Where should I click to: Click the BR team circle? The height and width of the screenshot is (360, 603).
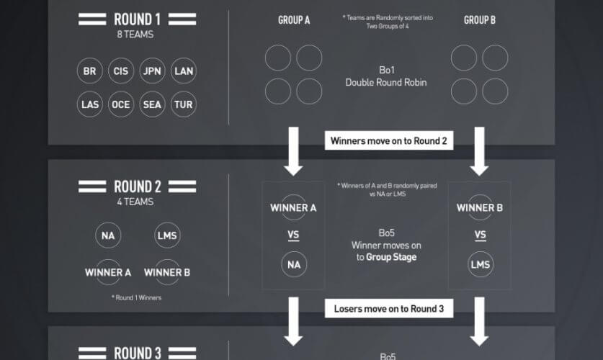point(90,71)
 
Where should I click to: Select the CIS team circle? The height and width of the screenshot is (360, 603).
point(120,71)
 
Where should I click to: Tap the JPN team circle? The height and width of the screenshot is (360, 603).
point(152,71)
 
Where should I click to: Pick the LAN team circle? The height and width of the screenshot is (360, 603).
point(184,71)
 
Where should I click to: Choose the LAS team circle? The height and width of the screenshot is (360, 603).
point(90,104)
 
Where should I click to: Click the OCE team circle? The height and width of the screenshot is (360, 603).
point(120,104)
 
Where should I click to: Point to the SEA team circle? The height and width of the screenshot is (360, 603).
point(152,104)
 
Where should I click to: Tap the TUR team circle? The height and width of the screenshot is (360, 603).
point(184,104)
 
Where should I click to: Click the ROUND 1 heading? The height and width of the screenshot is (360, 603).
point(137,19)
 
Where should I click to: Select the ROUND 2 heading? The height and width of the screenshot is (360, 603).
point(137,186)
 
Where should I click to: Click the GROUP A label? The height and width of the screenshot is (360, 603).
point(294,20)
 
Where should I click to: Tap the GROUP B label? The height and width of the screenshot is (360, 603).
point(480,20)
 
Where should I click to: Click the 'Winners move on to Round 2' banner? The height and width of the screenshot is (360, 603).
point(389,141)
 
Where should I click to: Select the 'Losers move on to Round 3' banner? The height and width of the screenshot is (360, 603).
point(389,310)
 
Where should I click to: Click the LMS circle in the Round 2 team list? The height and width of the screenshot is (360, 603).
point(167,235)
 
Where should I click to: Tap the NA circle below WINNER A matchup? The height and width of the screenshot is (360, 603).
point(294,264)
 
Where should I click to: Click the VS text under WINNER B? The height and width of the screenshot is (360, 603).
point(480,235)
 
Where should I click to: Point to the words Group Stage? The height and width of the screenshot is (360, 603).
point(391,257)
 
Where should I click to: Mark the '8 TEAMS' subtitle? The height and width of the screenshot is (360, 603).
point(137,34)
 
